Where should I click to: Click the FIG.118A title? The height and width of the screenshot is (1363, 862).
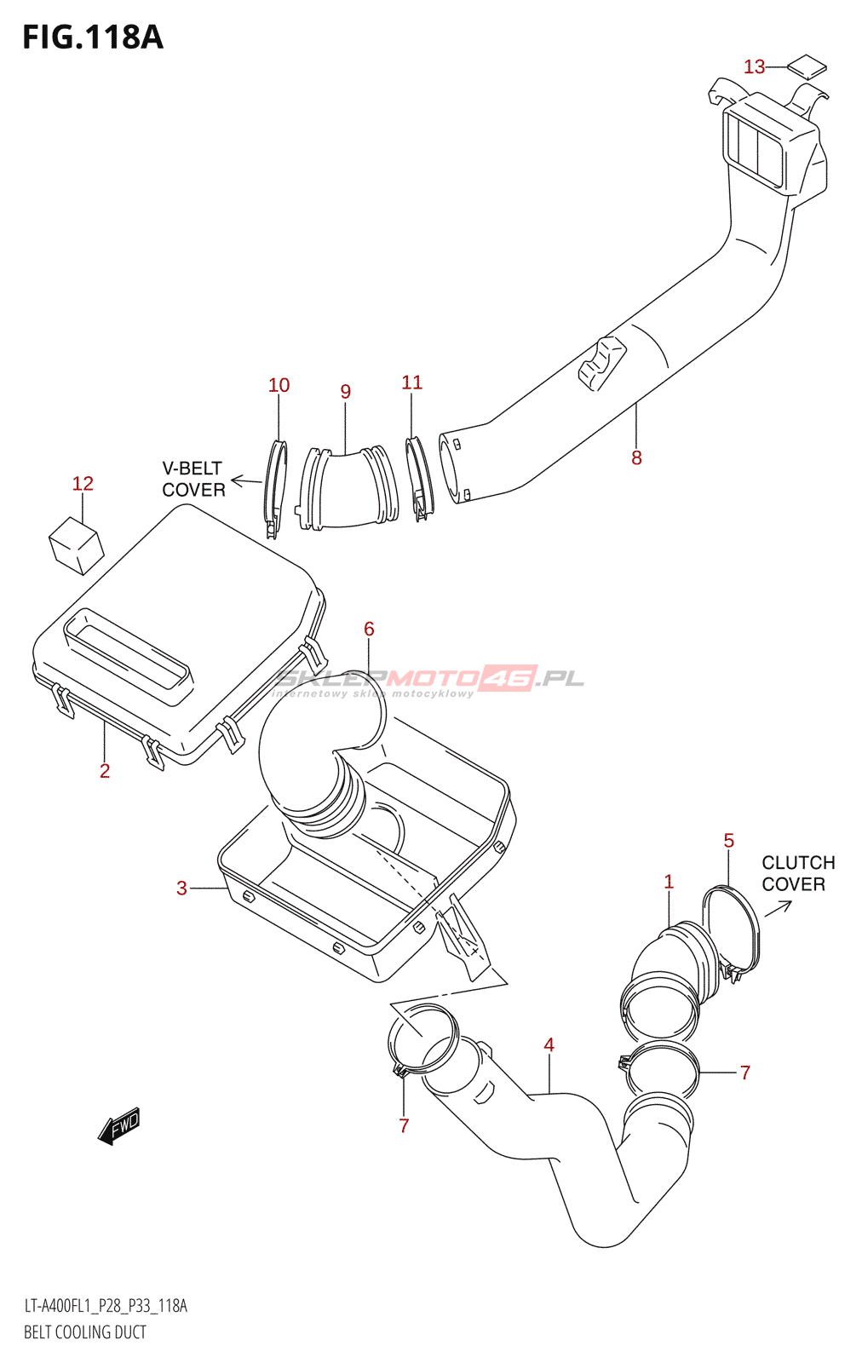[x=92, y=37]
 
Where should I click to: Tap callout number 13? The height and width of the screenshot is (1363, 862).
[x=754, y=66]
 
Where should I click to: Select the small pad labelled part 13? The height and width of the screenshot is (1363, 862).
[x=806, y=66]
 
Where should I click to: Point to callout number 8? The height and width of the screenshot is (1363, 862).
[x=636, y=457]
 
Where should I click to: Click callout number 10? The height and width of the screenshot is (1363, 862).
[x=279, y=385]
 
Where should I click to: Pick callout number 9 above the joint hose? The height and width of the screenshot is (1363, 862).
[x=345, y=391]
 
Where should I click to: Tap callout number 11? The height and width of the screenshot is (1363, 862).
[x=411, y=382]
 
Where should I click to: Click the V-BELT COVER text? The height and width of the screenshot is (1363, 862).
[x=193, y=479]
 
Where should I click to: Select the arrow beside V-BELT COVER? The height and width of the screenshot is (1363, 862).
[x=246, y=481]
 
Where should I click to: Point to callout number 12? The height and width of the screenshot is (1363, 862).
[x=83, y=483]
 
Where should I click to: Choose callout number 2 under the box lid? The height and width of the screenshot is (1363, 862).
[x=105, y=770]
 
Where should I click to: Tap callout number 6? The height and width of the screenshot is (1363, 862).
[x=369, y=629]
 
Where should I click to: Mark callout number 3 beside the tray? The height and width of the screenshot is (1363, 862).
[x=181, y=888]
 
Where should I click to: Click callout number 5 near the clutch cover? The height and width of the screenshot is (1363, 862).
[x=728, y=841]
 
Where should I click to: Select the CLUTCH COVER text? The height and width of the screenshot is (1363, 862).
[x=797, y=873]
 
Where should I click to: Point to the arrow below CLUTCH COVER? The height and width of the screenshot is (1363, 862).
[x=778, y=908]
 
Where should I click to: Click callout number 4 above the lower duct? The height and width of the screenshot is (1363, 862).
[x=549, y=1044]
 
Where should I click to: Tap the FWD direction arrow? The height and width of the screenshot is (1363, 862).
[x=118, y=1126]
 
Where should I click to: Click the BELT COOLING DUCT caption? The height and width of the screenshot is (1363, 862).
[x=85, y=1332]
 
